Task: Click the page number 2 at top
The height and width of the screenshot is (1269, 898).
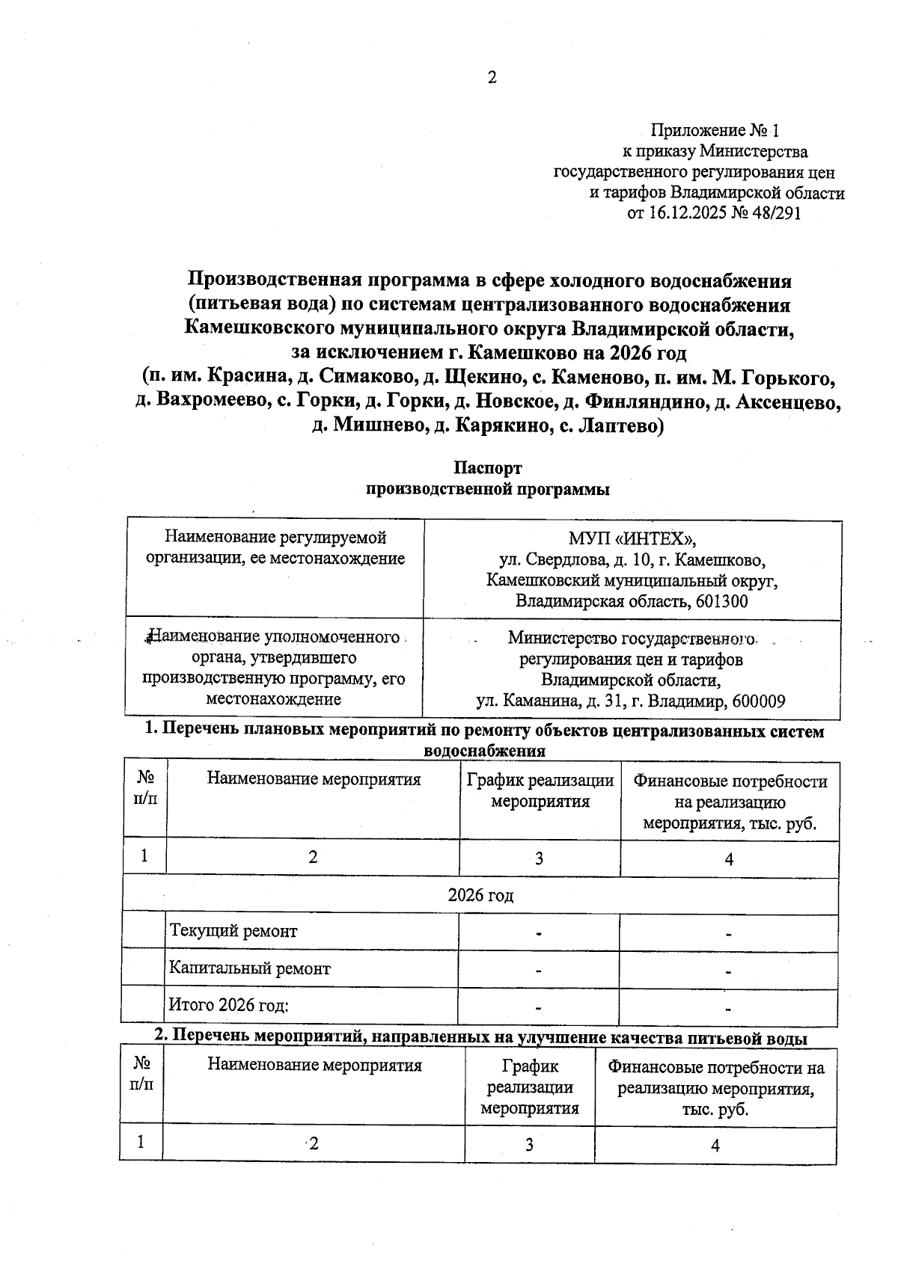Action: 492,78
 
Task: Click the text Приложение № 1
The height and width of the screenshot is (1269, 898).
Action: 715,131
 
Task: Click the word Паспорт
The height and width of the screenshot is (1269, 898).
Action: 487,468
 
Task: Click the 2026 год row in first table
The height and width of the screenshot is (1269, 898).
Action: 480,895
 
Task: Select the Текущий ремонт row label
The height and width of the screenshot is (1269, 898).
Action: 233,931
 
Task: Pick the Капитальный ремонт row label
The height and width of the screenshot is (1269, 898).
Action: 249,968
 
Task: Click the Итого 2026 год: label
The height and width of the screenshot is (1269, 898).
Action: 229,1005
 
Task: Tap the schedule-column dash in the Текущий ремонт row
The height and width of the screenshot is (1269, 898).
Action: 539,933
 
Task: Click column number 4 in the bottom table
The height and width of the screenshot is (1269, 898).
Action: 715,1145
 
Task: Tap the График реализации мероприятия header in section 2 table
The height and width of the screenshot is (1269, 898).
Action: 529,1087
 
